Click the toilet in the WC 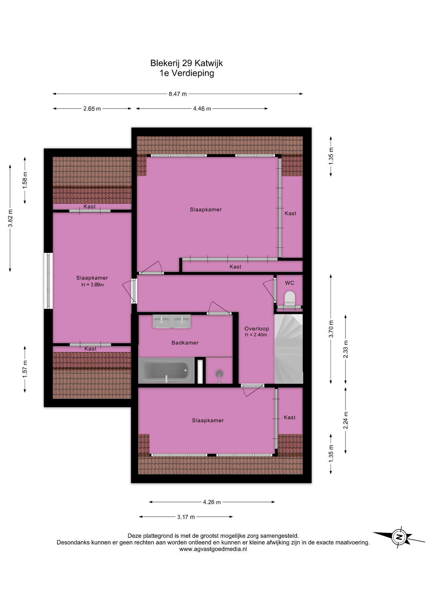coord(290,298)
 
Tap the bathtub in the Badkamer coord(166,370)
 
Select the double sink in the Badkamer coord(172,321)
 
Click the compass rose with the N coord(399,537)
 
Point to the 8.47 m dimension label coord(178,94)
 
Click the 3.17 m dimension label coord(186,517)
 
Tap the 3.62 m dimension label coord(11,218)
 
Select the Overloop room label coord(257,329)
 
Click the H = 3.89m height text coord(93,285)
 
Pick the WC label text coord(290,283)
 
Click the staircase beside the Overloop coord(289,349)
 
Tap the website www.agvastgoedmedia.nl coord(213,549)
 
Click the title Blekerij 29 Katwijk coord(187,63)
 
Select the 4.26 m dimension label coord(212,502)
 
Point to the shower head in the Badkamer coord(219,374)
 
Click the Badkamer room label coord(185,343)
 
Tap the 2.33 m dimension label coord(346,349)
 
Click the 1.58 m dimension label coord(25,180)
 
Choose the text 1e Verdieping coord(187,73)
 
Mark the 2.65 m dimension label coord(92,109)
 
